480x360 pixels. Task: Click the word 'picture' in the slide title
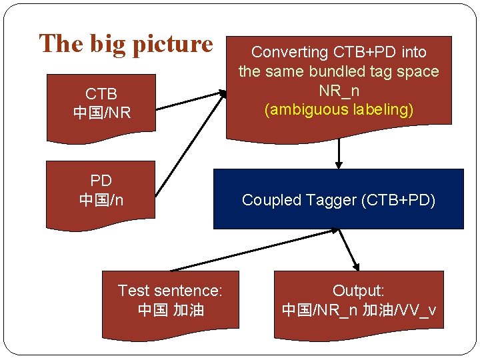point(172,44)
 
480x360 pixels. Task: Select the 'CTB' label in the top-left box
point(101,94)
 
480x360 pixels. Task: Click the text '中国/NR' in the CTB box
point(101,113)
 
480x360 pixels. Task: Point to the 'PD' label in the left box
point(101,181)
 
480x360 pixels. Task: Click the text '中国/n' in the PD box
point(101,199)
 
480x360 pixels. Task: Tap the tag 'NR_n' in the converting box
point(339,91)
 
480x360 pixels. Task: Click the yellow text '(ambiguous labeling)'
point(339,109)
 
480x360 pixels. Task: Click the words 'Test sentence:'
point(170,291)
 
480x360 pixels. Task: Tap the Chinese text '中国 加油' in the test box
point(170,309)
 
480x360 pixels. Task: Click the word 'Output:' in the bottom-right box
point(359,291)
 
